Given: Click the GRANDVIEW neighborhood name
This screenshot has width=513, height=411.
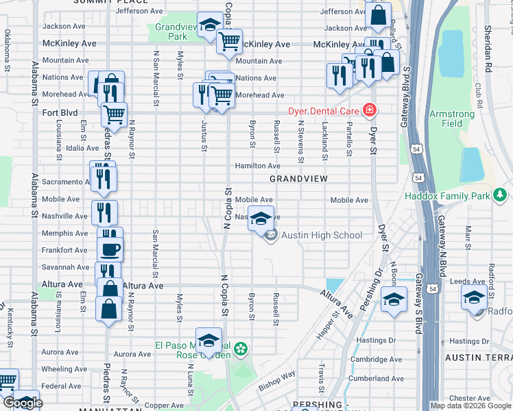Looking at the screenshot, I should [298, 178].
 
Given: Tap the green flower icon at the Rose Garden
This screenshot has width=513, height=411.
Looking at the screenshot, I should [241, 351].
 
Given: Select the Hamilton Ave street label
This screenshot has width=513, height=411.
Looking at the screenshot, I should [257, 166].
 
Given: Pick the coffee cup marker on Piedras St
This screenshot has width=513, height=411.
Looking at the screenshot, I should [110, 249].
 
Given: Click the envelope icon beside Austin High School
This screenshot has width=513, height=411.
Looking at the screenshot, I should [270, 236].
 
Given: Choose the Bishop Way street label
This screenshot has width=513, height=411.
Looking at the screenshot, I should [276, 381].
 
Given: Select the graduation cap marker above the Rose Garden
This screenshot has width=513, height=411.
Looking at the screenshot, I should [208, 340].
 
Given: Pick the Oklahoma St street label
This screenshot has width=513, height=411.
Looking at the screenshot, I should [8, 49].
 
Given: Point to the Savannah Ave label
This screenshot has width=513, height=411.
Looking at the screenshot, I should [66, 267].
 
